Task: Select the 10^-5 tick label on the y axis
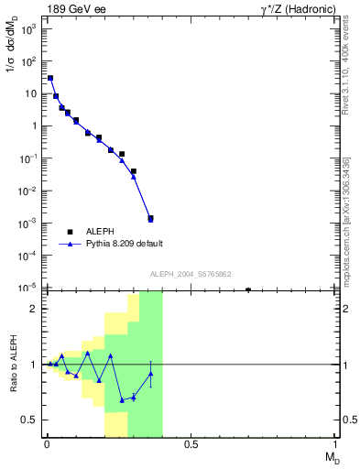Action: click(27, 288)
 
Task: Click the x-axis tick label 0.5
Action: click(191, 445)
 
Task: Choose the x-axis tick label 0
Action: click(45, 445)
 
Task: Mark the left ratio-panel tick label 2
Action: click(33, 309)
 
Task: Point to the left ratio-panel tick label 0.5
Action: click(30, 420)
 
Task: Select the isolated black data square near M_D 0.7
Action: click(248, 290)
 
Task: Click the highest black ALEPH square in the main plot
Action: click(50, 79)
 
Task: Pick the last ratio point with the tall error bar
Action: click(150, 374)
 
